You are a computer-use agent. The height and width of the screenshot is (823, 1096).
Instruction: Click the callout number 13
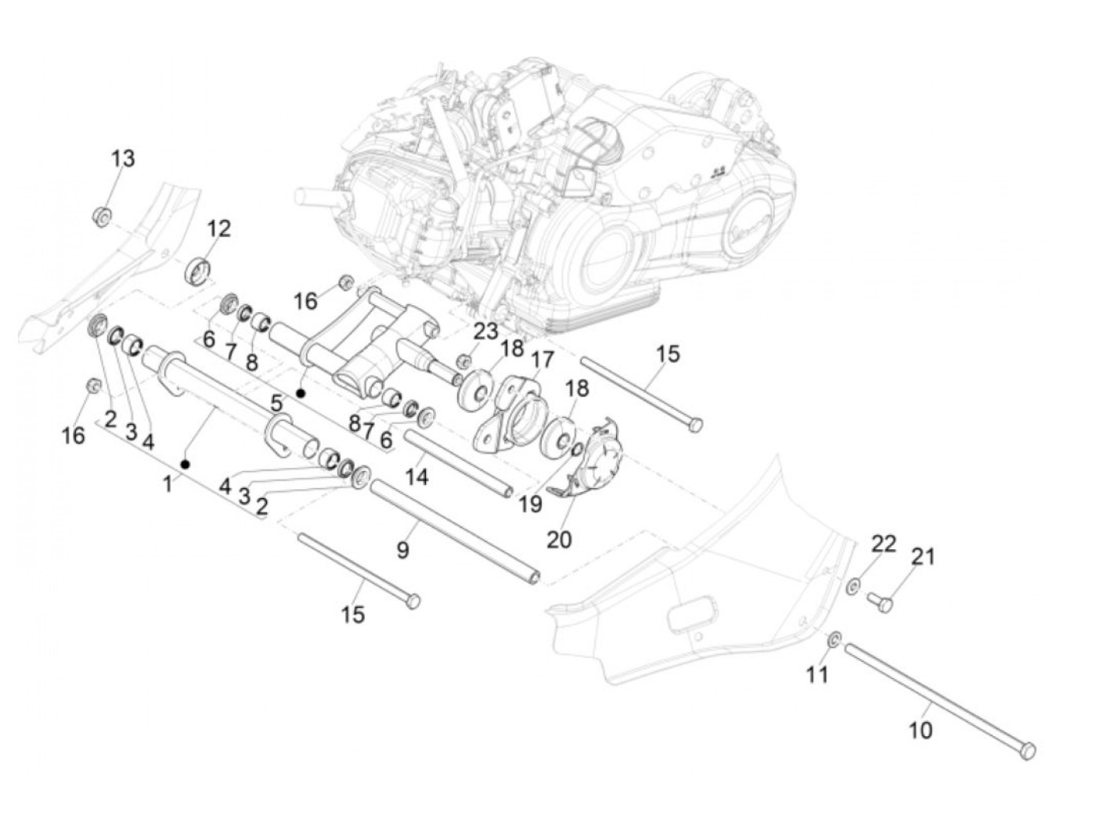[122, 158]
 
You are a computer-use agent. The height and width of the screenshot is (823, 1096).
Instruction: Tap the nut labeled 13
[101, 215]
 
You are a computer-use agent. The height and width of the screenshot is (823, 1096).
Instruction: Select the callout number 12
[219, 228]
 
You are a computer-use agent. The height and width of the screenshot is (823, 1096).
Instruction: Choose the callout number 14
[417, 476]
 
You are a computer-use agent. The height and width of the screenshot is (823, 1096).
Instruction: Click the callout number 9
[402, 550]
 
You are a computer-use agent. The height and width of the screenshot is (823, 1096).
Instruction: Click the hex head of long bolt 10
[1028, 750]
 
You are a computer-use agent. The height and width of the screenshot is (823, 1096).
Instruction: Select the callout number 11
[817, 674]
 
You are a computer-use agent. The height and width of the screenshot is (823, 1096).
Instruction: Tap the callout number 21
[923, 557]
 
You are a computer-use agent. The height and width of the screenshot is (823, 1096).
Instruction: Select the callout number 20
[559, 539]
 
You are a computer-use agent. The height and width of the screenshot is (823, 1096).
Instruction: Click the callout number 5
[276, 404]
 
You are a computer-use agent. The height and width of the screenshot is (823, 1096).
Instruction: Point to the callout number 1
[167, 484]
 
